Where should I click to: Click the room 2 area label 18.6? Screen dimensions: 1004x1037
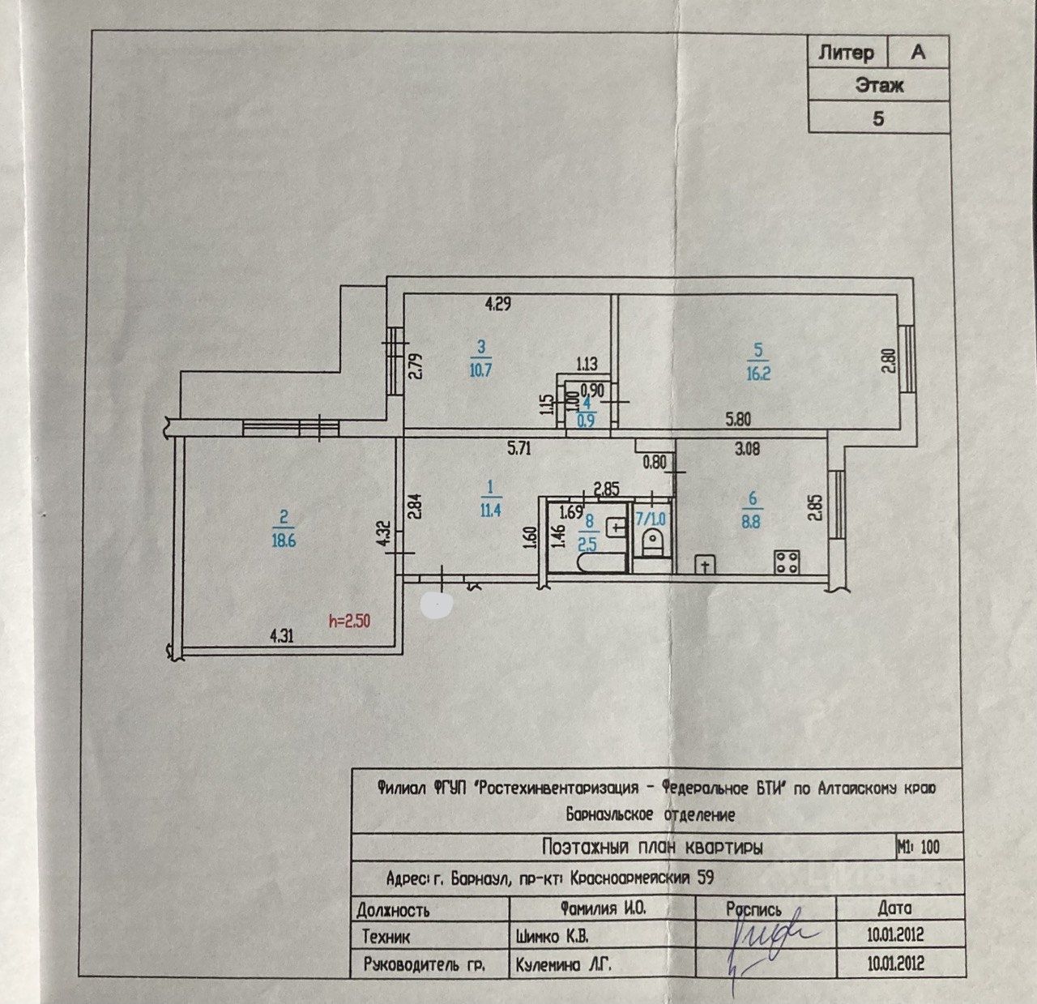[x=283, y=538]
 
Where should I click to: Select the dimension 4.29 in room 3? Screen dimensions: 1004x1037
[x=498, y=305]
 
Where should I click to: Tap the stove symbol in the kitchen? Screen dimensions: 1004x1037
[x=786, y=562]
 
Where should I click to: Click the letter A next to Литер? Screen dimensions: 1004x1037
[x=918, y=53]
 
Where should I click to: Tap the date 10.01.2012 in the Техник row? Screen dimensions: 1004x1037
[x=894, y=935]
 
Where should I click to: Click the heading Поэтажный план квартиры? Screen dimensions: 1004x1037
[x=651, y=848]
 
